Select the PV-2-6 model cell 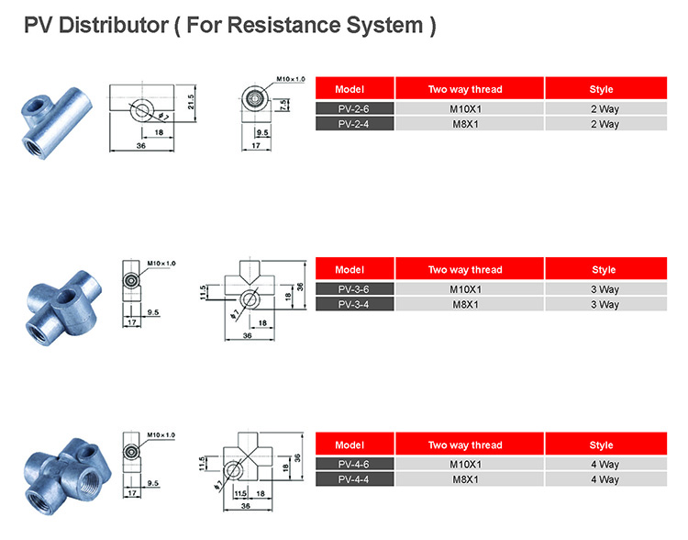click(354, 108)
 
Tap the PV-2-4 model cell click(354, 124)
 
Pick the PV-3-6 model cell click(354, 288)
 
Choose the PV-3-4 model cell click(354, 304)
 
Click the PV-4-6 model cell click(354, 464)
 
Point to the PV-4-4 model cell click(354, 479)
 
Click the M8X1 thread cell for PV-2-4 click(469, 124)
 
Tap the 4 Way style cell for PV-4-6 click(605, 464)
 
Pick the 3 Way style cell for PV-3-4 click(605, 304)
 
